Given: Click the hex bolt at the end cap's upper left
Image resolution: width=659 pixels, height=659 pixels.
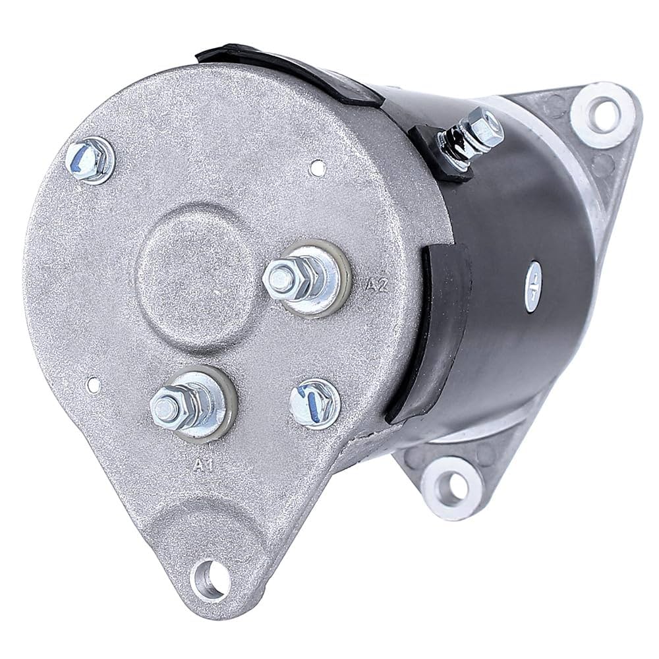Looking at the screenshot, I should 89,160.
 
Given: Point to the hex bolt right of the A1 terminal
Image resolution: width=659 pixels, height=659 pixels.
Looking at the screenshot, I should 314,403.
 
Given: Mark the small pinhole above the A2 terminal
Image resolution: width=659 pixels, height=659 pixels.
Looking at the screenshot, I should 318,169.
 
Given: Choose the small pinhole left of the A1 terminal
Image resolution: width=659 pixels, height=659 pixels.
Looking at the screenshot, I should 94,383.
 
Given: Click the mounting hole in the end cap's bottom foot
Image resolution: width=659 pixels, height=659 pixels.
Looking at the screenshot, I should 210,579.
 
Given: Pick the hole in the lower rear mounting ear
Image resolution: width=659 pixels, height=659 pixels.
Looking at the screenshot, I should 452,487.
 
